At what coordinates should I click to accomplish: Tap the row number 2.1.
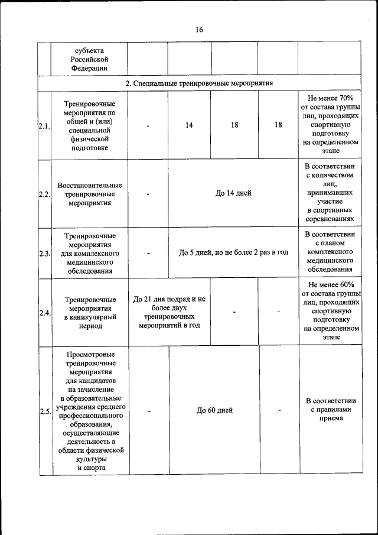(44, 126)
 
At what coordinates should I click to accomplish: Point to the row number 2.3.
(44, 253)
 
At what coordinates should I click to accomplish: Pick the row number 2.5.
(44, 411)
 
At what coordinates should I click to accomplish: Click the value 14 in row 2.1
(189, 126)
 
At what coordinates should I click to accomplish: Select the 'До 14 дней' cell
(233, 193)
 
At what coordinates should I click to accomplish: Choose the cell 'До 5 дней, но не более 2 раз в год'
(233, 252)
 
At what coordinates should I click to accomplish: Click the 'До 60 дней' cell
(214, 410)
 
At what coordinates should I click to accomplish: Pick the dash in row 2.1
(148, 126)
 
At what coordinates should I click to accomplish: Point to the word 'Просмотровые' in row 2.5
(90, 354)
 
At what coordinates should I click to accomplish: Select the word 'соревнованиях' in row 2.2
(330, 218)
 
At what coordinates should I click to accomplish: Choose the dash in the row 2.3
(148, 253)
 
